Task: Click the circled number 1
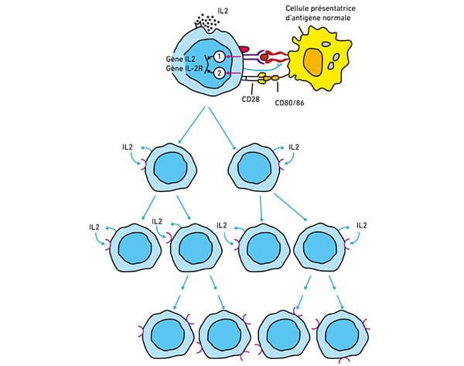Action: tap(219, 56)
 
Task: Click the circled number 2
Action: tap(219, 73)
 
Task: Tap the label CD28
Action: tap(251, 99)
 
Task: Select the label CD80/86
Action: tap(289, 103)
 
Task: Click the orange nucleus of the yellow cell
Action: tap(313, 63)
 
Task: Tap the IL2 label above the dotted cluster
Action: tap(223, 12)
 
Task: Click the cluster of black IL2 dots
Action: tap(207, 22)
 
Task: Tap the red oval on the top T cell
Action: tap(244, 49)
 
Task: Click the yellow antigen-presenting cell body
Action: tap(320, 58)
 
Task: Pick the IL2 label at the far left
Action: tap(94, 227)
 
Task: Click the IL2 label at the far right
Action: tap(362, 225)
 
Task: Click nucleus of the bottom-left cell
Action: tap(168, 335)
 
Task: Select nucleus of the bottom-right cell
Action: tap(342, 335)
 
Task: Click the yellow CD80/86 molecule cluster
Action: tap(268, 78)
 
